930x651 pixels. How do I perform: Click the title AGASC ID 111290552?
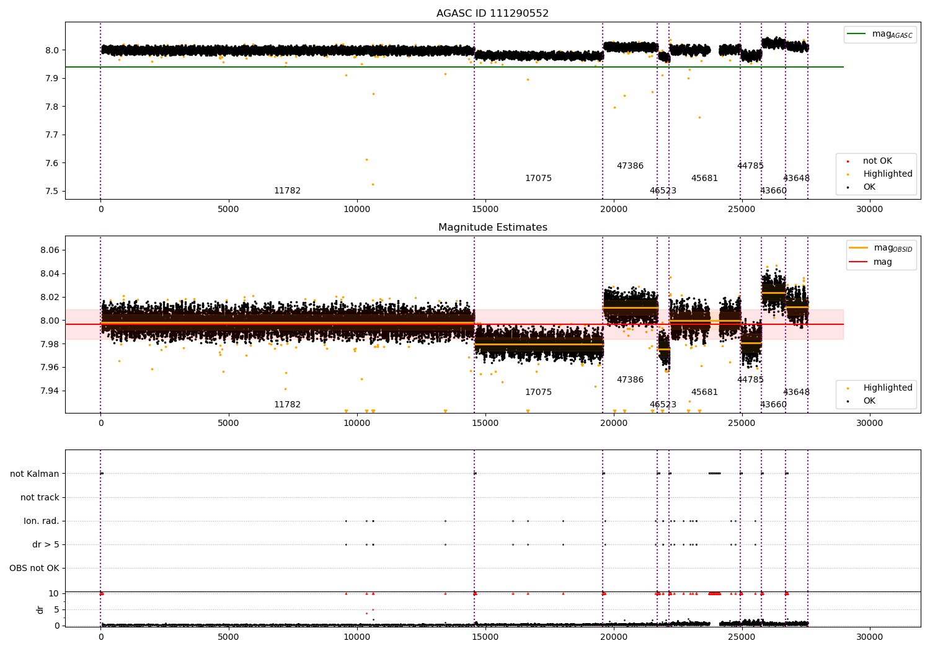(x=492, y=14)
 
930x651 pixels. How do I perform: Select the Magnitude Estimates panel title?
(x=492, y=228)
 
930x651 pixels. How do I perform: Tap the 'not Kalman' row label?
(x=35, y=474)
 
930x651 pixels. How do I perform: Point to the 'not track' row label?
(x=40, y=497)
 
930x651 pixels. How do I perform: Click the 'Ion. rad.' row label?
(x=42, y=521)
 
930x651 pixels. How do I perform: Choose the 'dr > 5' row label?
(x=46, y=544)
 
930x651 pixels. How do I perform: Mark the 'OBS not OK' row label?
(x=34, y=568)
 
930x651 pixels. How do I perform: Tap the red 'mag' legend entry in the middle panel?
(x=882, y=262)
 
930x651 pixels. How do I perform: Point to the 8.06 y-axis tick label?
(x=49, y=250)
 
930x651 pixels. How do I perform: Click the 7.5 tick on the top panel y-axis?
(x=52, y=191)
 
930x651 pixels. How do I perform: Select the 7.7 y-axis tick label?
(x=52, y=135)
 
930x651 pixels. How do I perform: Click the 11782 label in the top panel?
(x=287, y=190)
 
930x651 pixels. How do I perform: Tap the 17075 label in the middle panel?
(x=538, y=392)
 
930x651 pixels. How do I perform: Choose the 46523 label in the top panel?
(x=663, y=190)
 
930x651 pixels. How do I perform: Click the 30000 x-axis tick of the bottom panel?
(x=869, y=636)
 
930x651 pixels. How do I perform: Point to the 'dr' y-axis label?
(x=40, y=609)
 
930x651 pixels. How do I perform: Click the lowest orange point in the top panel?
(x=373, y=184)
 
